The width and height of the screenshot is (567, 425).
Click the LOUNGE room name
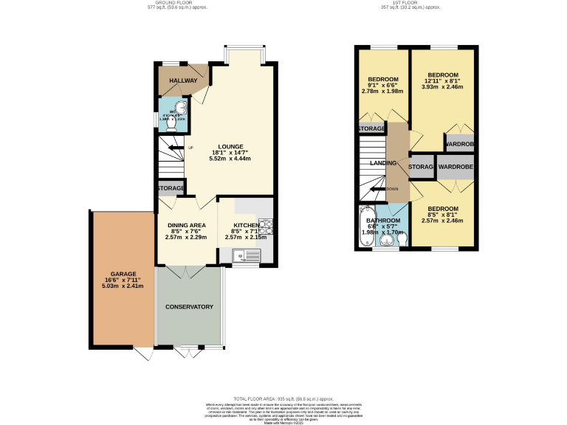click(230, 147)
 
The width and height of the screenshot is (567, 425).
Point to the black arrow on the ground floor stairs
click(176, 148)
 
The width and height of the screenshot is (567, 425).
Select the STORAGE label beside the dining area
click(170, 189)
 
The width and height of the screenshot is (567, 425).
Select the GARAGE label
click(123, 274)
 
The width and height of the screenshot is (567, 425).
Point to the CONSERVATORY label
click(189, 307)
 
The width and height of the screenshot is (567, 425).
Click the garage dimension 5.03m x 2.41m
click(123, 288)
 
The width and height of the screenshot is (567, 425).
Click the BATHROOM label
click(384, 220)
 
